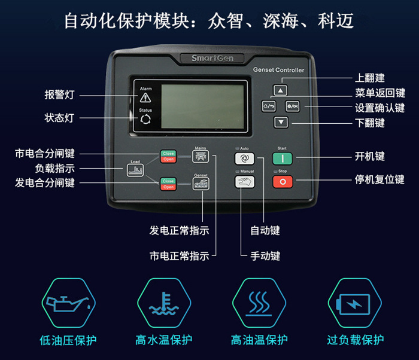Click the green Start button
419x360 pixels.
[282, 158]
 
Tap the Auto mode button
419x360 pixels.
[244, 158]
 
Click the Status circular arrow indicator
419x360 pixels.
[145, 120]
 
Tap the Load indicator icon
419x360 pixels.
[136, 169]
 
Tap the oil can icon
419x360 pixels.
[67, 303]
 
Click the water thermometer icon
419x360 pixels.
[163, 303]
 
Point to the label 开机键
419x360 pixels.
[369, 157]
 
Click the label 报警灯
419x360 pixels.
[59, 94]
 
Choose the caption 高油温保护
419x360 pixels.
[259, 340]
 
